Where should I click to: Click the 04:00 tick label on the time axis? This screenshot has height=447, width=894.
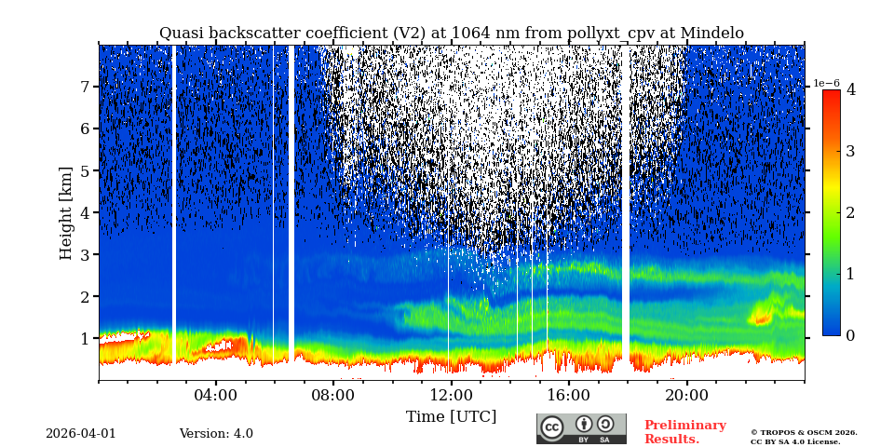[x=216, y=395]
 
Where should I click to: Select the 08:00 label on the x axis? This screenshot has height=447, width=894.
[x=333, y=395]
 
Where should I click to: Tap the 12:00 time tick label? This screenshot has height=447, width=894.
[x=451, y=395]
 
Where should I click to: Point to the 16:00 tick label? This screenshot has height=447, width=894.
[x=569, y=395]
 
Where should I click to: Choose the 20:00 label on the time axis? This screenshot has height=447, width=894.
[x=687, y=395]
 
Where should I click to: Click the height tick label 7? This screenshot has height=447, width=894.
[x=84, y=87]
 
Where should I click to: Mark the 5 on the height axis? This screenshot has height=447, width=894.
[x=84, y=170]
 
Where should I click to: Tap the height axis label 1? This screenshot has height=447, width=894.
[x=84, y=338]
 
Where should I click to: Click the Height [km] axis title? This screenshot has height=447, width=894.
[x=66, y=212]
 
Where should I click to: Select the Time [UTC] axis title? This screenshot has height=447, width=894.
[x=451, y=416]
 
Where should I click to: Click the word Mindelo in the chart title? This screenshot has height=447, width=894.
[x=711, y=34]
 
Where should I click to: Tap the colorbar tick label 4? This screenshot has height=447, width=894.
[x=850, y=90]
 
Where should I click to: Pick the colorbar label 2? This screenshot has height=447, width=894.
[x=850, y=212]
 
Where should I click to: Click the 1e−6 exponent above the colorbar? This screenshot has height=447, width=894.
[x=826, y=83]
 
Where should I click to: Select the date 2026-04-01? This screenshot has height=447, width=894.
[x=81, y=434]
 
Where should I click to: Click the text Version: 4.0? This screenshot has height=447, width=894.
[x=216, y=434]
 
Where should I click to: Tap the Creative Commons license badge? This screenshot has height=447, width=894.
[x=581, y=428]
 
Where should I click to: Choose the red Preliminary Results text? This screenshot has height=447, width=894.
[x=684, y=432]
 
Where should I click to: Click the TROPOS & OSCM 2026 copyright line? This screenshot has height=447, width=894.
[x=804, y=432]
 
